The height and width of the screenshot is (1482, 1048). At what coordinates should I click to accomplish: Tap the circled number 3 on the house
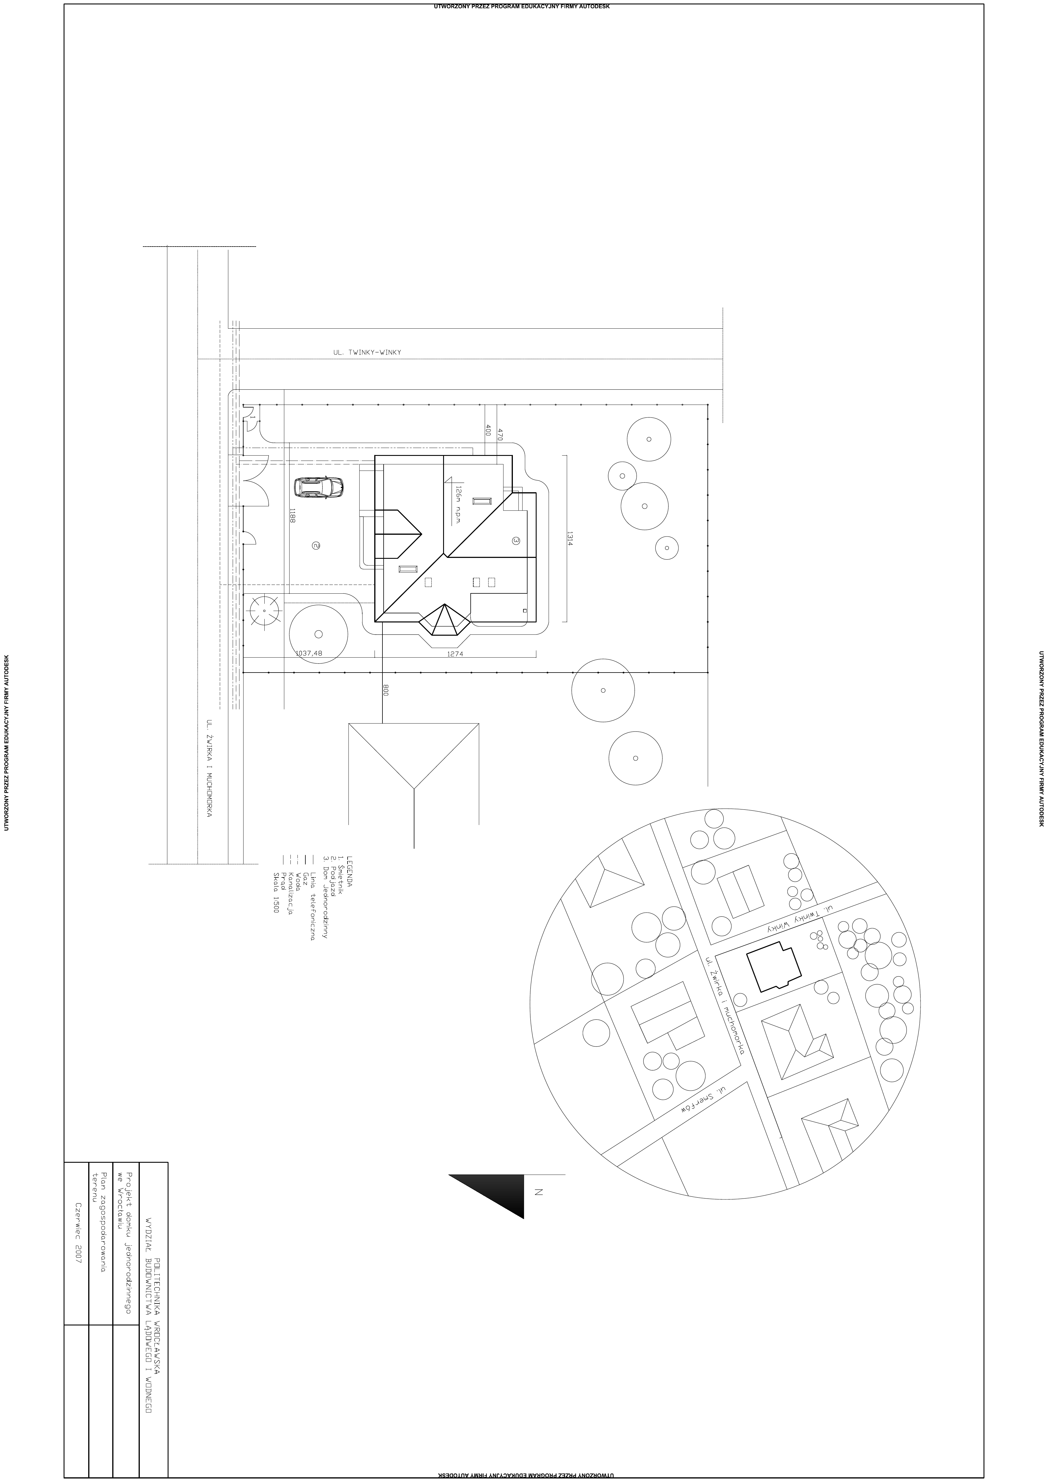pyautogui.click(x=516, y=540)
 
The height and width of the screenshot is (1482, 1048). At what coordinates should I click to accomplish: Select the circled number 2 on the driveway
pyautogui.click(x=316, y=545)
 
